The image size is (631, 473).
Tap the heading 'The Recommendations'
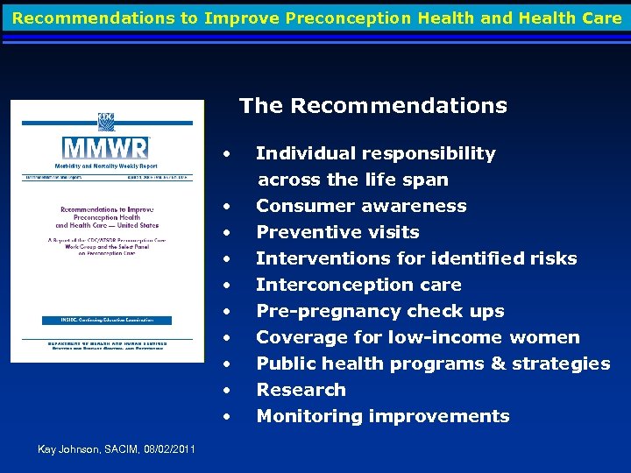[x=372, y=106]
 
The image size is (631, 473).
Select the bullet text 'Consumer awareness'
[x=361, y=206]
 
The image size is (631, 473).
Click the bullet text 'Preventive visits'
[x=337, y=232]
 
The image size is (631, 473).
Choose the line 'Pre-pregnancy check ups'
[x=379, y=311]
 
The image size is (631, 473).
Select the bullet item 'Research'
[x=301, y=390]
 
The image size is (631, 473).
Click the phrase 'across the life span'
[x=352, y=180]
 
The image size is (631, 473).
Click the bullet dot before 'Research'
[x=227, y=391]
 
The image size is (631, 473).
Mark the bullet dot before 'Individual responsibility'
[x=227, y=154]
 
